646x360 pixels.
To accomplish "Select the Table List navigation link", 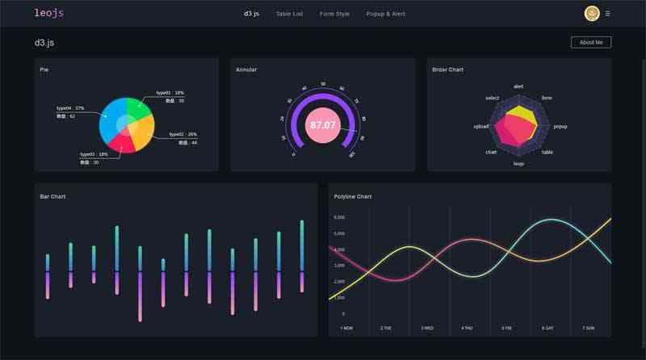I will (289, 14).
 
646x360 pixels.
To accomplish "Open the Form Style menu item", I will (334, 14).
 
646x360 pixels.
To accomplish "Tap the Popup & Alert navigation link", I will (385, 14).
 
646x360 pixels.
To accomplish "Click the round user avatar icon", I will (592, 14).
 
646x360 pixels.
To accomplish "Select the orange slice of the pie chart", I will (142, 136).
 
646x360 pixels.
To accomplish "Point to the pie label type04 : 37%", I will (70, 108).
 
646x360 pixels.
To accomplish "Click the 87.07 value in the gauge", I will (323, 125).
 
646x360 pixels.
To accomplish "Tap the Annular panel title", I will (246, 70).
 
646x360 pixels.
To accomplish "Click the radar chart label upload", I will (481, 127).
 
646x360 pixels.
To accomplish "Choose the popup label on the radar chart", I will (560, 127).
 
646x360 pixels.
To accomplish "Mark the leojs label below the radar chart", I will (518, 164).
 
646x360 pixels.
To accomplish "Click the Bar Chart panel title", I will (53, 197).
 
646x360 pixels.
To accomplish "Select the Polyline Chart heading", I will (353, 197).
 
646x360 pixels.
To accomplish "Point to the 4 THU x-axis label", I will (467, 329).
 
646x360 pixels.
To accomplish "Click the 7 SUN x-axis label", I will (588, 329).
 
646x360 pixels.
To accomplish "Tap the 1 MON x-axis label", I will (347, 329).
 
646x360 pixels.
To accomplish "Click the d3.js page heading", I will (44, 42).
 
